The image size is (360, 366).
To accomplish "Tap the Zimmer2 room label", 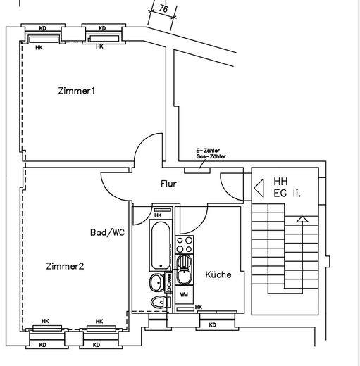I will (65, 266).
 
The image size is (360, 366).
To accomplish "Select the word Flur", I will (168, 184).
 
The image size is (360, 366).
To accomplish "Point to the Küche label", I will (218, 274).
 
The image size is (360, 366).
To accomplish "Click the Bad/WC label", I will (107, 232).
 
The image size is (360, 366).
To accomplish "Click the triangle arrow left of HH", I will (258, 188).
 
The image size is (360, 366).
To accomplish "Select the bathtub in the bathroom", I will (158, 246).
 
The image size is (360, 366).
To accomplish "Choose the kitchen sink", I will (184, 270).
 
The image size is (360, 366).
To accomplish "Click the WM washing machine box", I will (183, 294).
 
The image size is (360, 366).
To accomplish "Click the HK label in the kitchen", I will (199, 307).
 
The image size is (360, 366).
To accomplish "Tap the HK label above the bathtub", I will (158, 215).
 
